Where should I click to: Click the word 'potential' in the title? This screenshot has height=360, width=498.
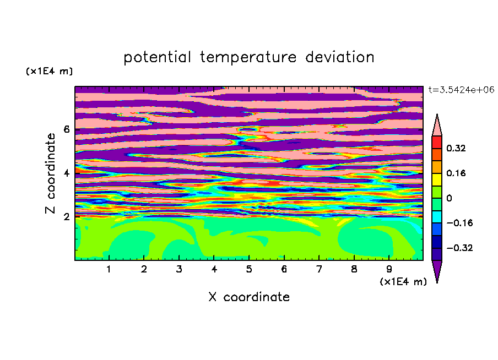coord(157,58)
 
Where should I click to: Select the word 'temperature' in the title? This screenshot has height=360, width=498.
coord(248,57)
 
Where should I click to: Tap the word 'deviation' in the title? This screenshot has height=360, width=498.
coord(340,57)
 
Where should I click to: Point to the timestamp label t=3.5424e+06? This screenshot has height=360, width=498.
coord(461,90)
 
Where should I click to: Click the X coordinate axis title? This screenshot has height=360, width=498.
coord(249,297)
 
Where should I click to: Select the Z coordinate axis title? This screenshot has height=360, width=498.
coord(51,173)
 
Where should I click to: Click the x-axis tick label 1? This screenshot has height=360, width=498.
coord(109,270)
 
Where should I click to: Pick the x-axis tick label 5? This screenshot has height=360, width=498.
coord(249,270)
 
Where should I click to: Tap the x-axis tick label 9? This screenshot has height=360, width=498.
coord(389,270)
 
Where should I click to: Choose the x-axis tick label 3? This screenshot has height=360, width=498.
coord(179,270)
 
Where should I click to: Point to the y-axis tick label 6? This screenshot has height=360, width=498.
coord(66,129)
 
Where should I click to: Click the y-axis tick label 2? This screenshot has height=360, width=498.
coord(66,217)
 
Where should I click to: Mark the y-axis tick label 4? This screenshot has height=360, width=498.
coord(66,173)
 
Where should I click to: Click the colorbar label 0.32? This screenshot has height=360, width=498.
coord(456,148)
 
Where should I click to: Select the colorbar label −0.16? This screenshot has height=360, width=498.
coord(459,223)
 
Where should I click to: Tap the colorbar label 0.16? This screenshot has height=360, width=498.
coord(456,173)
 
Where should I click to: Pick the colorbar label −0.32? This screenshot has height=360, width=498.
coord(459,248)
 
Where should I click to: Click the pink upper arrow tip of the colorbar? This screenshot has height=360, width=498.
coord(437,114)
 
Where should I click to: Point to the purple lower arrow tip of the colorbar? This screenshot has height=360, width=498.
coord(437,283)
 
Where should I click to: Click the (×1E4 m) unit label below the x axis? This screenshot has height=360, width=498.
coord(403,282)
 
